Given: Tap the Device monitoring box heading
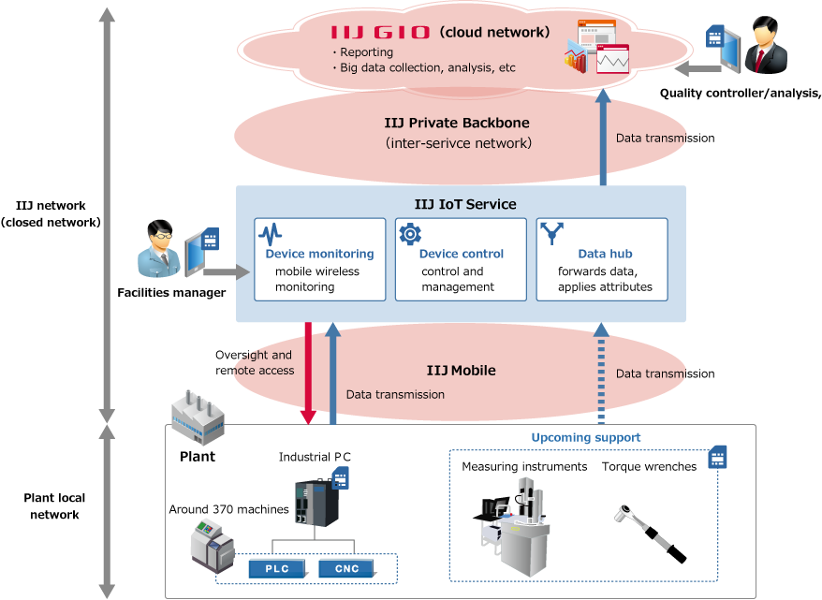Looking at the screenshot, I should pos(319,254).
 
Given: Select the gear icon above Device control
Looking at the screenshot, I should pos(410,234).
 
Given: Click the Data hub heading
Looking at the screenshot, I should pos(605,254).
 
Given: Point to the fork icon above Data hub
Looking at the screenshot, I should pos(553,233).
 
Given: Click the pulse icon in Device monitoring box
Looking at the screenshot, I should pos(270,234).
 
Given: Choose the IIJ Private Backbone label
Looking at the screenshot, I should pos(457,123).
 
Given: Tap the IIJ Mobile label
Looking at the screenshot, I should pos(461,371).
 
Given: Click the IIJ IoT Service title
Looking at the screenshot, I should pos(465,204).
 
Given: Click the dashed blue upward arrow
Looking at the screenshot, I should pos(600,373).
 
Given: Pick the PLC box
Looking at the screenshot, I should pos(276,568).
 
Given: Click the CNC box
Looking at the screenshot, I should pos(346,568).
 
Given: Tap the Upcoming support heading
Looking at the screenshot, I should pos(586,437).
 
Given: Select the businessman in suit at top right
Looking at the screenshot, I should pos(767,45).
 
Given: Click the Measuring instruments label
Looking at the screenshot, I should pos(524,466).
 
